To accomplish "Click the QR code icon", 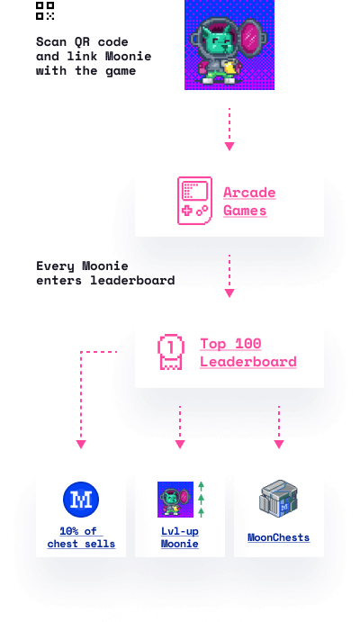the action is coord(45,11).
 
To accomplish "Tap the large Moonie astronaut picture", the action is coord(229,44).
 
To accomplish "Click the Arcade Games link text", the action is coord(249,202).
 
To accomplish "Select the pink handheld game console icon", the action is coord(194,201).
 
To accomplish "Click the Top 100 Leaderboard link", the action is coord(248,353).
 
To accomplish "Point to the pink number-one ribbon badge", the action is coord(171,352).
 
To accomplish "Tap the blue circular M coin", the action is coord(81,500).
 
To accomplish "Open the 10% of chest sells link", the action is coord(81,537).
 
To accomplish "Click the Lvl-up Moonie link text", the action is coord(180,537).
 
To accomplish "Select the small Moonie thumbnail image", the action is coord(175,500).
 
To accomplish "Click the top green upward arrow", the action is coord(201,486).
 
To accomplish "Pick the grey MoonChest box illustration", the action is coord(279,499).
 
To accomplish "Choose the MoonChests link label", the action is coord(279,537).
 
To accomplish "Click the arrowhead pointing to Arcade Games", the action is coord(229,147).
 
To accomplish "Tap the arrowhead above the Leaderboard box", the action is coord(229,293).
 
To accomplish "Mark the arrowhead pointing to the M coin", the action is coord(81,445).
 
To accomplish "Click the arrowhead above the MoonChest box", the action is coord(279,445).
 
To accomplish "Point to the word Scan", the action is coord(51,41).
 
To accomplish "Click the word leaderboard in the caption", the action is coord(132,280).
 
